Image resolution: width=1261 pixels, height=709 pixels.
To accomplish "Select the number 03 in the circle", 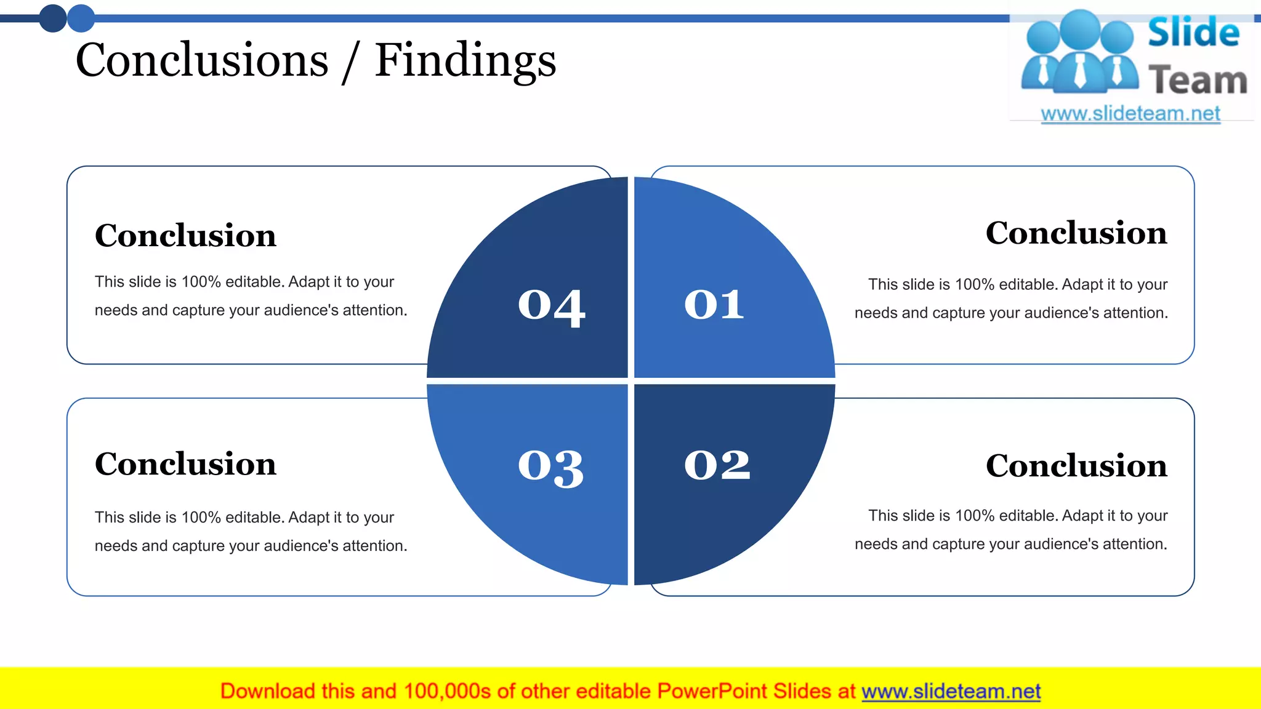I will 550,467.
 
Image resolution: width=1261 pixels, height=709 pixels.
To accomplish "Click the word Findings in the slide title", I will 465,61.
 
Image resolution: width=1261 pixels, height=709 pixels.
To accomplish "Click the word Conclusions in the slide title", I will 202,60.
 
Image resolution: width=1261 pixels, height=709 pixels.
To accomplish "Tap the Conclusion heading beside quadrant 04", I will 185,236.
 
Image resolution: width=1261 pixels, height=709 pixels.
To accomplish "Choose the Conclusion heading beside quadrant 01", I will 1076,233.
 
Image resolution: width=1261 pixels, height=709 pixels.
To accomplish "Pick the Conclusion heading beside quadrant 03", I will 185,464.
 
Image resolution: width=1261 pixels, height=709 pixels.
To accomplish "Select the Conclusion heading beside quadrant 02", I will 1076,466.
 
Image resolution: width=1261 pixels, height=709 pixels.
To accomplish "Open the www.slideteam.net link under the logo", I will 1130,114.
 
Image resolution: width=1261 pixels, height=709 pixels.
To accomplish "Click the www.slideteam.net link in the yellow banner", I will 951,692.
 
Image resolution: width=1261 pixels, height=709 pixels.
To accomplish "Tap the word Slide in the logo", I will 1193,33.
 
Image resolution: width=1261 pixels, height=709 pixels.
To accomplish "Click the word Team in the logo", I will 1198,81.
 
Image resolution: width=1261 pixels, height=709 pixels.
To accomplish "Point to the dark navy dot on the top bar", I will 53,18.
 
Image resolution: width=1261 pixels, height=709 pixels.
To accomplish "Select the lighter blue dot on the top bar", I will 81,18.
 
